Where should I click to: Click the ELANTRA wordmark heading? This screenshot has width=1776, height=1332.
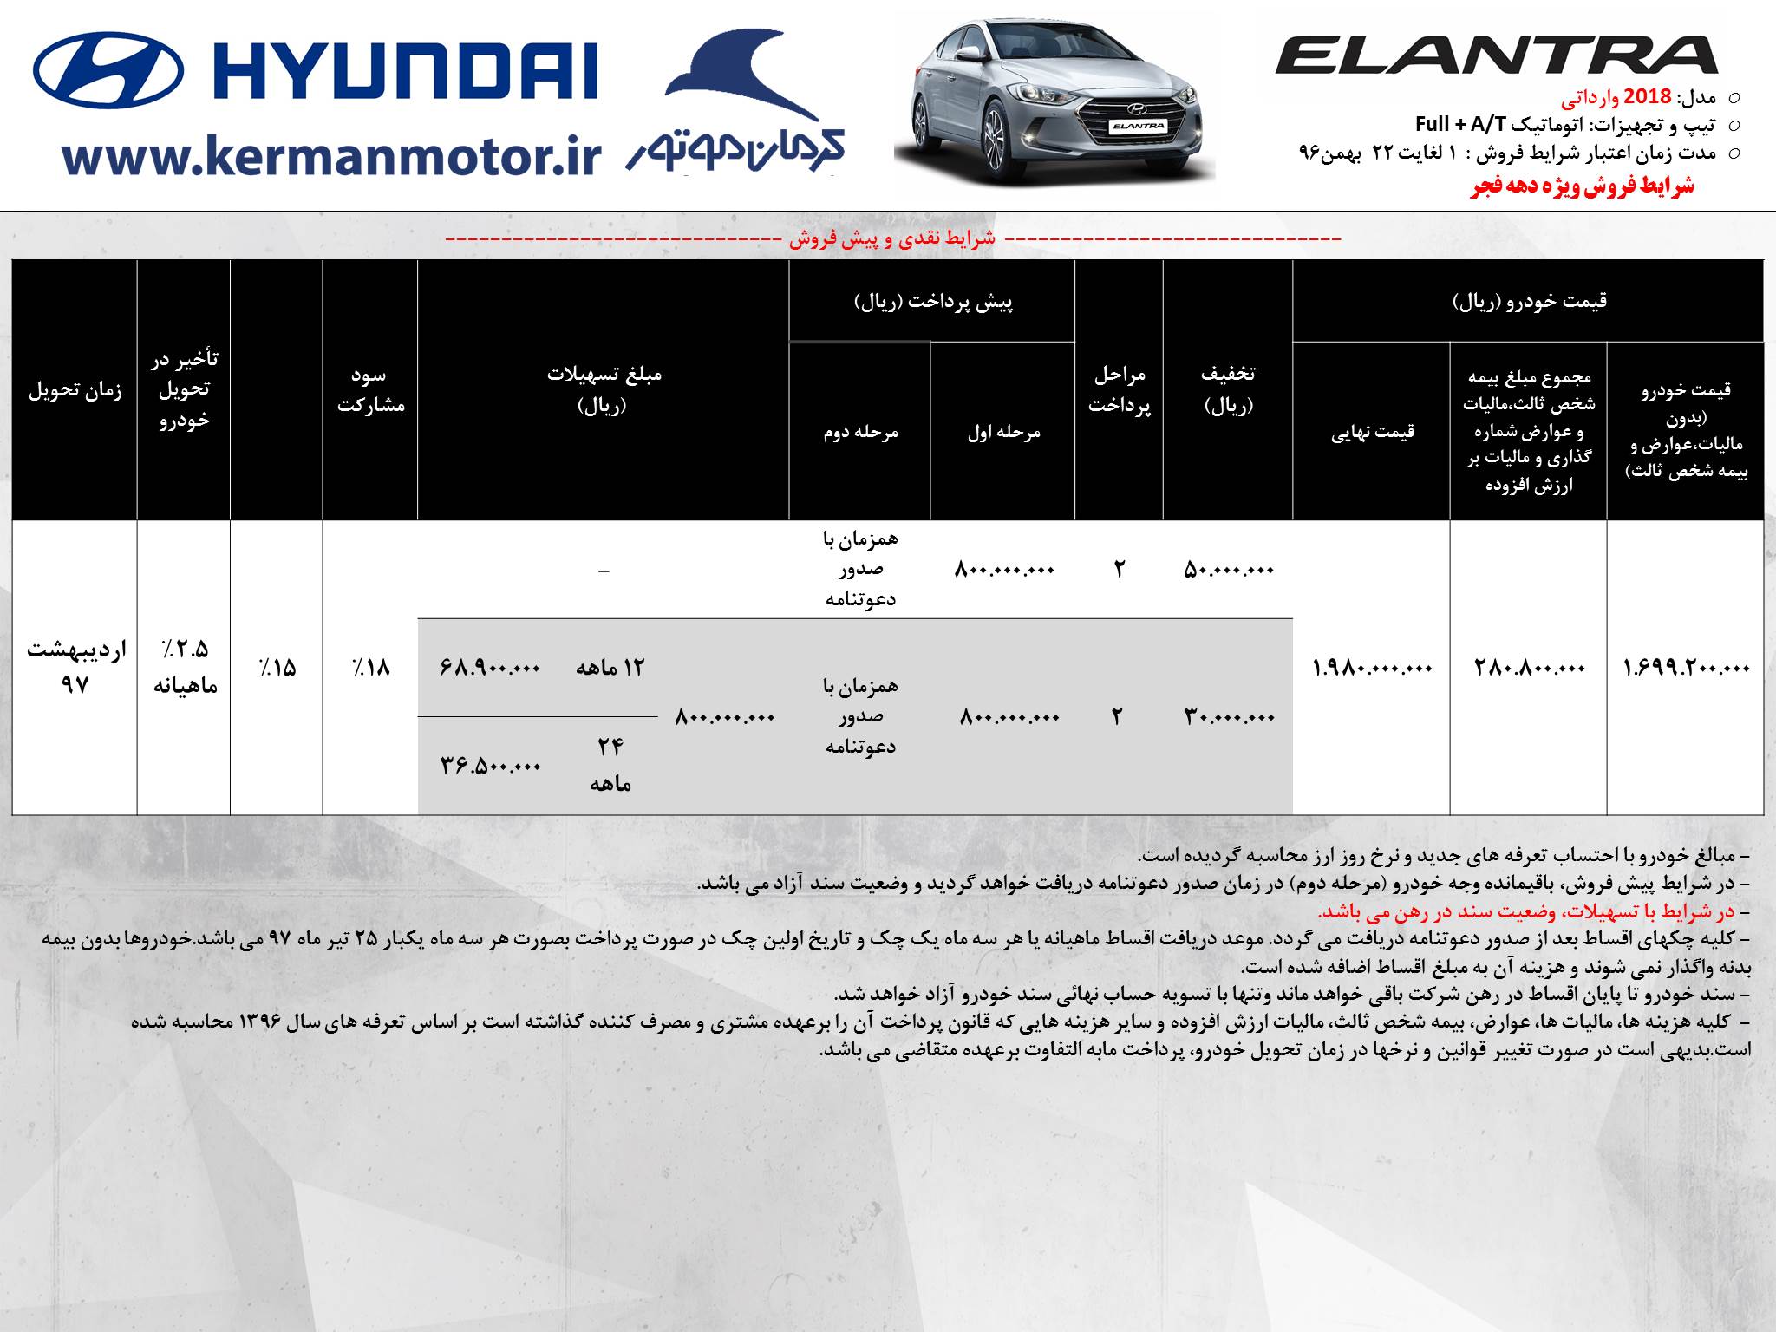coord(1496,56)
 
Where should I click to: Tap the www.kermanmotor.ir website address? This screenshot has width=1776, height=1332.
coord(332,157)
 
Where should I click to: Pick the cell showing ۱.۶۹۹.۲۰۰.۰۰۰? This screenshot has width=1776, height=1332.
coord(1686,668)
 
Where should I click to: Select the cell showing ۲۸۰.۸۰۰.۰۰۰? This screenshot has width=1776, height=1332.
coord(1529,668)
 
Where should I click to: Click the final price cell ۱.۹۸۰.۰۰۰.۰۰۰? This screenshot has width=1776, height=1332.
coord(1372,668)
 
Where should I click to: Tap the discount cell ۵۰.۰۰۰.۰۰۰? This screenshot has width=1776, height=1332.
coord(1228,570)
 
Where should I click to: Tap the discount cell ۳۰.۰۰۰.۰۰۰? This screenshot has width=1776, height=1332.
coord(1229,717)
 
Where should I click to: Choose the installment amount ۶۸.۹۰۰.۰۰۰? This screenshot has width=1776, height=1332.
coord(490,668)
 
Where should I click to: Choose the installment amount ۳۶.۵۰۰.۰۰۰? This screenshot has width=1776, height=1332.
coord(490,766)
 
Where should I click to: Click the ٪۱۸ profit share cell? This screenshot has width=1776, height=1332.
coord(370,668)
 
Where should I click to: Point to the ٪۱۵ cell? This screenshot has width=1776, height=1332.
coord(277,668)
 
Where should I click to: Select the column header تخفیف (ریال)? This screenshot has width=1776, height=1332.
coord(1228,388)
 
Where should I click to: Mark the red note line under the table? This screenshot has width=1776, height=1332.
coord(1526,912)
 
